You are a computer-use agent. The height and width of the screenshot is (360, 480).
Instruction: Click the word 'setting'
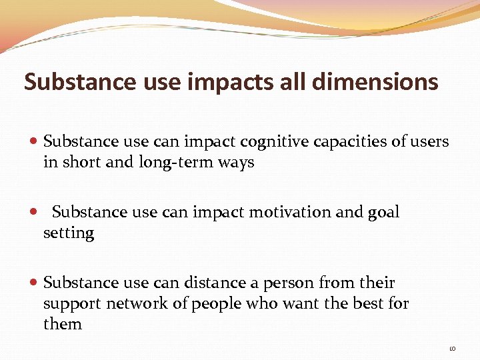pyautogui.click(x=69, y=233)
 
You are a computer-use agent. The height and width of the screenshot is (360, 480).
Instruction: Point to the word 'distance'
pyautogui.click(x=215, y=283)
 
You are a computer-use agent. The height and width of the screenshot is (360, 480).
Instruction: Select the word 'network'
pyautogui.click(x=136, y=304)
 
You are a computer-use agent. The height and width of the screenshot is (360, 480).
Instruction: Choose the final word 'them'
pyautogui.click(x=63, y=325)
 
